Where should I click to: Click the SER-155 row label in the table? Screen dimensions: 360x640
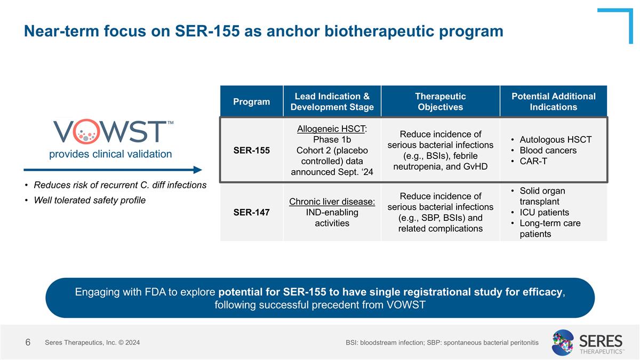251,150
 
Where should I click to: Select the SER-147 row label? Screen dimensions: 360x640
251,212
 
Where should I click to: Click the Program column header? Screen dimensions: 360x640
251,101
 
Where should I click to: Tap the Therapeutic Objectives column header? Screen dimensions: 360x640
440,101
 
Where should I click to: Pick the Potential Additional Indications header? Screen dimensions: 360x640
553,101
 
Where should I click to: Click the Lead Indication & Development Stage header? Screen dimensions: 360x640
332,101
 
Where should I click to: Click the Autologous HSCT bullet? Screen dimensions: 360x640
555,140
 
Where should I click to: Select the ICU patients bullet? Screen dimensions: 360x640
544,212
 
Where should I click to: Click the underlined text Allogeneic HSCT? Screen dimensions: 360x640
331,129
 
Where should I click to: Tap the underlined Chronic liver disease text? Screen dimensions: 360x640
332,202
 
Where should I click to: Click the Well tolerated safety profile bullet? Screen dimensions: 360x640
90,201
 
